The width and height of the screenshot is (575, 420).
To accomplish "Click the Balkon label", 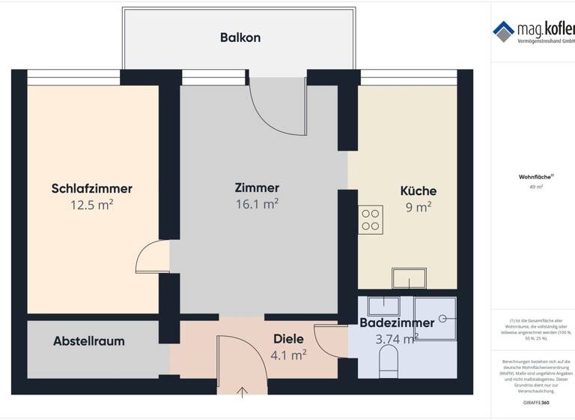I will coord(240,37).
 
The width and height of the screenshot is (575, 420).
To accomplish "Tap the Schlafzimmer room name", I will coord(92,188).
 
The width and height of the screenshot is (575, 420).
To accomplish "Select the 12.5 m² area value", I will coord(92,205).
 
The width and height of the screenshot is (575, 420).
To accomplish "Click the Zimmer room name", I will coord(257,187).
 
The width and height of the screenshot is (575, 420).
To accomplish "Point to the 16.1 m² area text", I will coord(257,203).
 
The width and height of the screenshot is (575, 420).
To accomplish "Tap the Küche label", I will coord(418,190).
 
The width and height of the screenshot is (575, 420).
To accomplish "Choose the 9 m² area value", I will coord(418,208).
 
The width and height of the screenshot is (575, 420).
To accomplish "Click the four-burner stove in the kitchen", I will coord(371,218).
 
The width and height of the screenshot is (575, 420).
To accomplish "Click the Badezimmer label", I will coord(397,323).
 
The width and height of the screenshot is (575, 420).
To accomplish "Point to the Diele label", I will coord(288,338).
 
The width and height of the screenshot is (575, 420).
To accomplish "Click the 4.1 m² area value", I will coord(288,354).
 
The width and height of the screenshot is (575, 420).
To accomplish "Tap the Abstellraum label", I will coord(89,341).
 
